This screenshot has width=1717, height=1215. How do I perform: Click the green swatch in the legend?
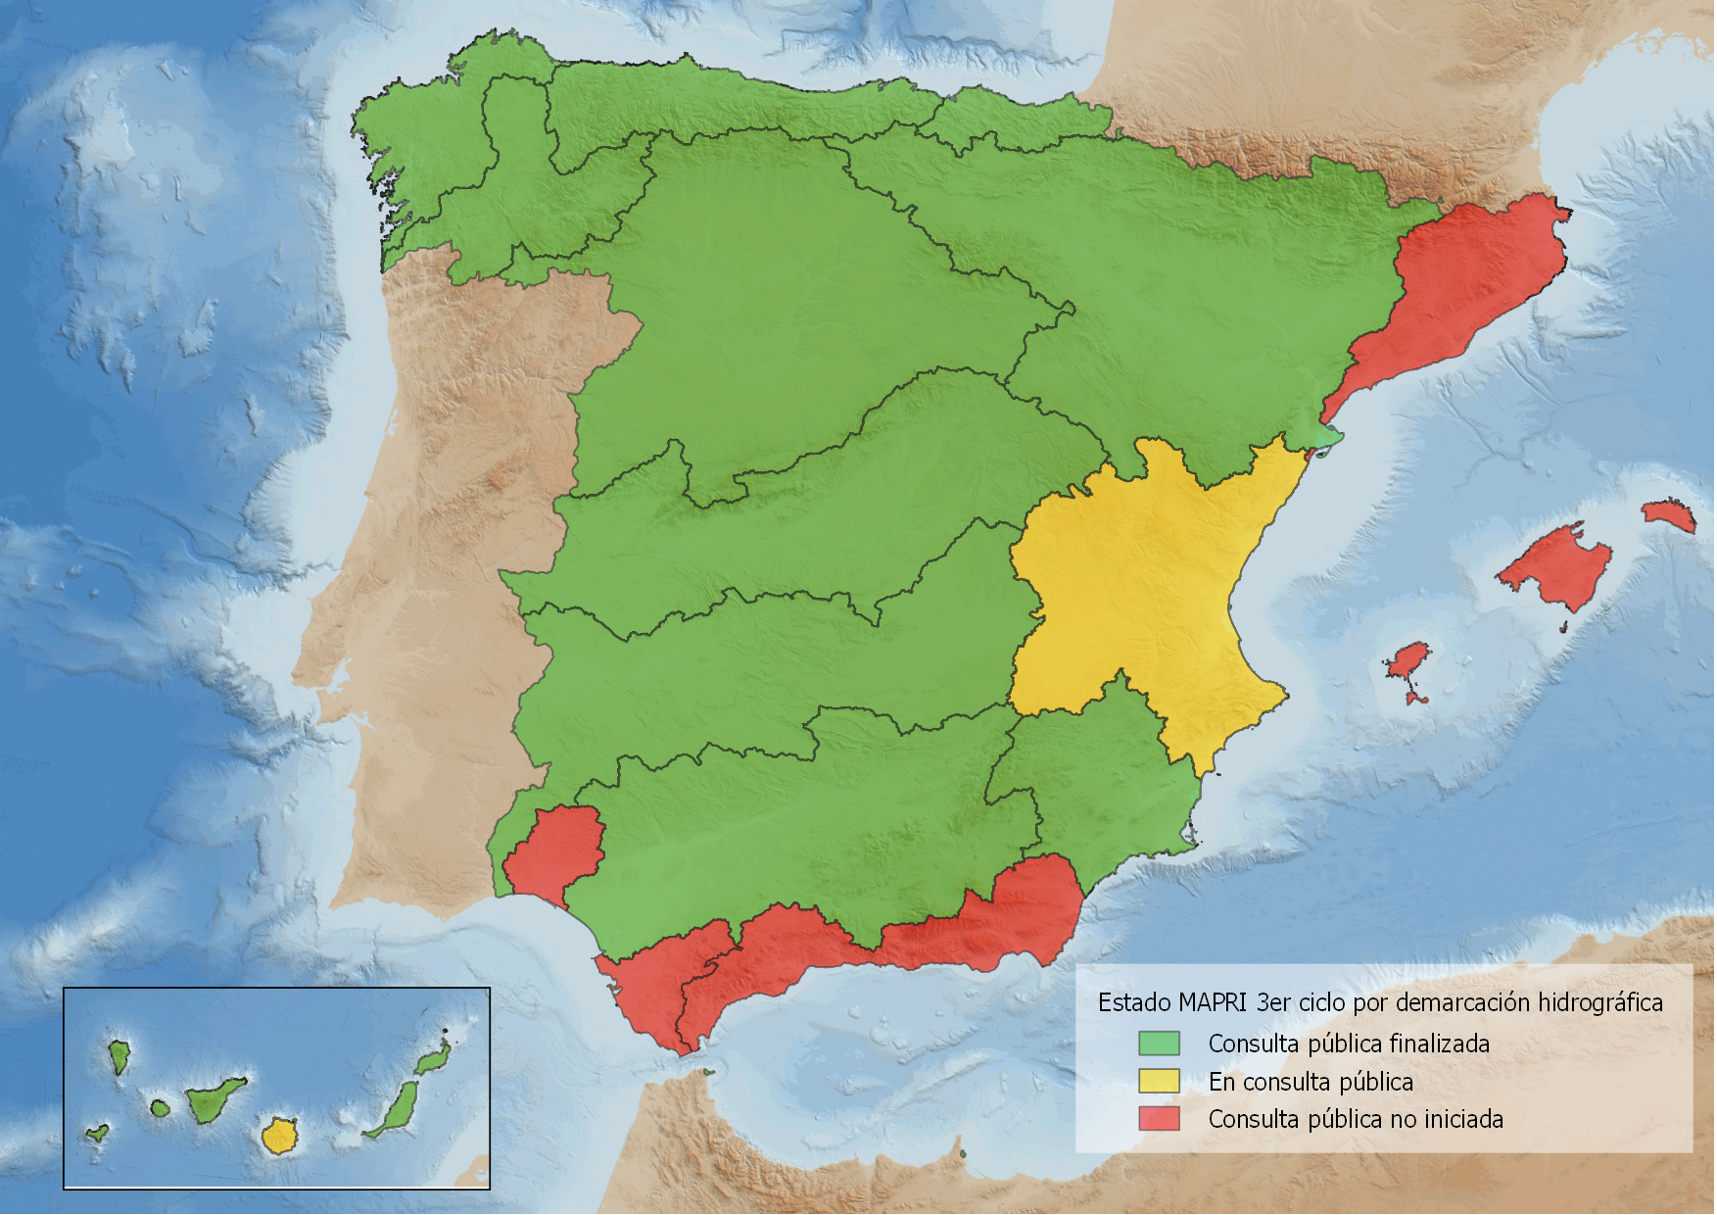(x=1159, y=1043)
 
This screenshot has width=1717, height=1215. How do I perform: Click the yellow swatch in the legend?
(x=1159, y=1081)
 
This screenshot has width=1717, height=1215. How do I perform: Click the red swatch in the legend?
(x=1159, y=1118)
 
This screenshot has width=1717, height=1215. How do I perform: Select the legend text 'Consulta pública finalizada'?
(x=1348, y=1044)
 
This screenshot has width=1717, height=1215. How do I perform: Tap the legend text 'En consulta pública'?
(x=1310, y=1082)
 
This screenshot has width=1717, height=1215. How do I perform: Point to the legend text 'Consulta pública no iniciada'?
(x=1355, y=1119)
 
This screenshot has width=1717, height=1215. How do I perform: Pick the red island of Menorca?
(x=1669, y=515)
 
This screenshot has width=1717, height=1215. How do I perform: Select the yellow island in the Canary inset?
(x=279, y=1137)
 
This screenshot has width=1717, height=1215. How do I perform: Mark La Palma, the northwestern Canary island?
(x=119, y=1056)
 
